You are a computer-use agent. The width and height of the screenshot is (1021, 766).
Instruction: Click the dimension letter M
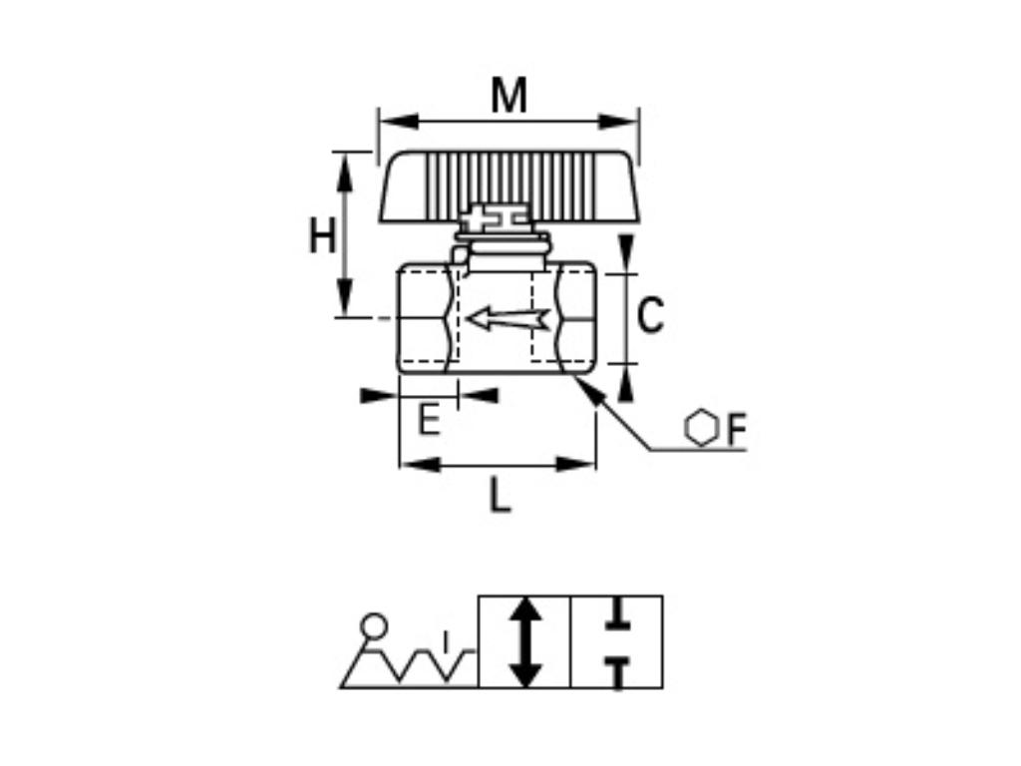(509, 97)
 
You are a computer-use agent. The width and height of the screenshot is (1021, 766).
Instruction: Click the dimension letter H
(321, 237)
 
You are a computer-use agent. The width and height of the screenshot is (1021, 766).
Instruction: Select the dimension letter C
(650, 316)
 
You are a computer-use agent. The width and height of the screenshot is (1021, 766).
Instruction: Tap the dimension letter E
(429, 420)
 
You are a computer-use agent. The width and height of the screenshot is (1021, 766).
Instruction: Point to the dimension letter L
(500, 496)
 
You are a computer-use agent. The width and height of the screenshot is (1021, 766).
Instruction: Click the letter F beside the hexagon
(736, 430)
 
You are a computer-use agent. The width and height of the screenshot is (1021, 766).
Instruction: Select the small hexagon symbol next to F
(702, 428)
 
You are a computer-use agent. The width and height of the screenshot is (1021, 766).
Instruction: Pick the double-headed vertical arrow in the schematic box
(525, 641)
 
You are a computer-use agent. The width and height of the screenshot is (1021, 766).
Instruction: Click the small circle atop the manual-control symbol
(375, 625)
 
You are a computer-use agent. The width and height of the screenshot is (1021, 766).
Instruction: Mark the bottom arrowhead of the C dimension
(625, 385)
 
